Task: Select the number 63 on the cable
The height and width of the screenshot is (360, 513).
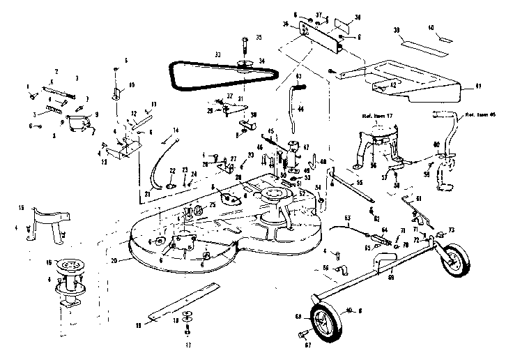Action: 346,218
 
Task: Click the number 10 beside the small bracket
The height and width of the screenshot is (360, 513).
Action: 132,85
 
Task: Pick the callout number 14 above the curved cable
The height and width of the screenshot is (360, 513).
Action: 176,130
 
